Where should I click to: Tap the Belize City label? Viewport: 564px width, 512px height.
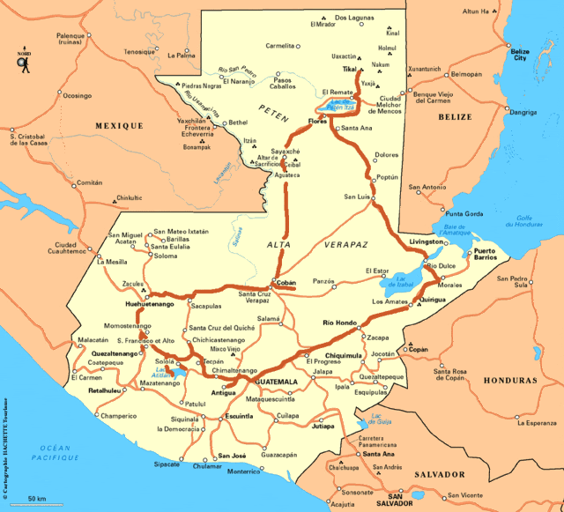coord(520,55)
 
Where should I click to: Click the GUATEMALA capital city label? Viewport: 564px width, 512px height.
coord(277,383)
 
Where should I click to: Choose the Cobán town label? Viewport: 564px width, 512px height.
coord(286,283)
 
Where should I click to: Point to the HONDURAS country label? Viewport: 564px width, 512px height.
coord(509,381)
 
